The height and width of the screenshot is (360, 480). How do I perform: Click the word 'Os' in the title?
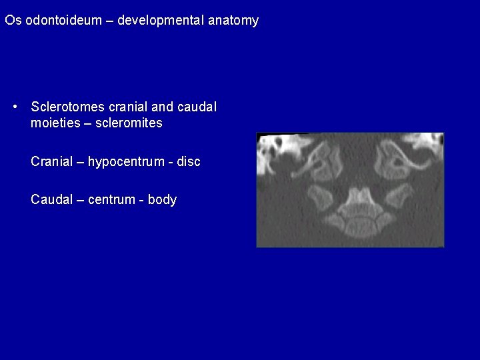(x=12, y=21)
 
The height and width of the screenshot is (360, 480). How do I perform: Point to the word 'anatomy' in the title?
(x=233, y=21)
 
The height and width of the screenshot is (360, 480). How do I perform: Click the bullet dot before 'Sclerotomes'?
(x=15, y=107)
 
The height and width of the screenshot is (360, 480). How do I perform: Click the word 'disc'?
(x=189, y=161)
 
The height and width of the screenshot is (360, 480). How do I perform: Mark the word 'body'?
(x=162, y=199)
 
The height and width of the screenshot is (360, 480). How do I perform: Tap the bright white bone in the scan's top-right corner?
(x=431, y=141)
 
